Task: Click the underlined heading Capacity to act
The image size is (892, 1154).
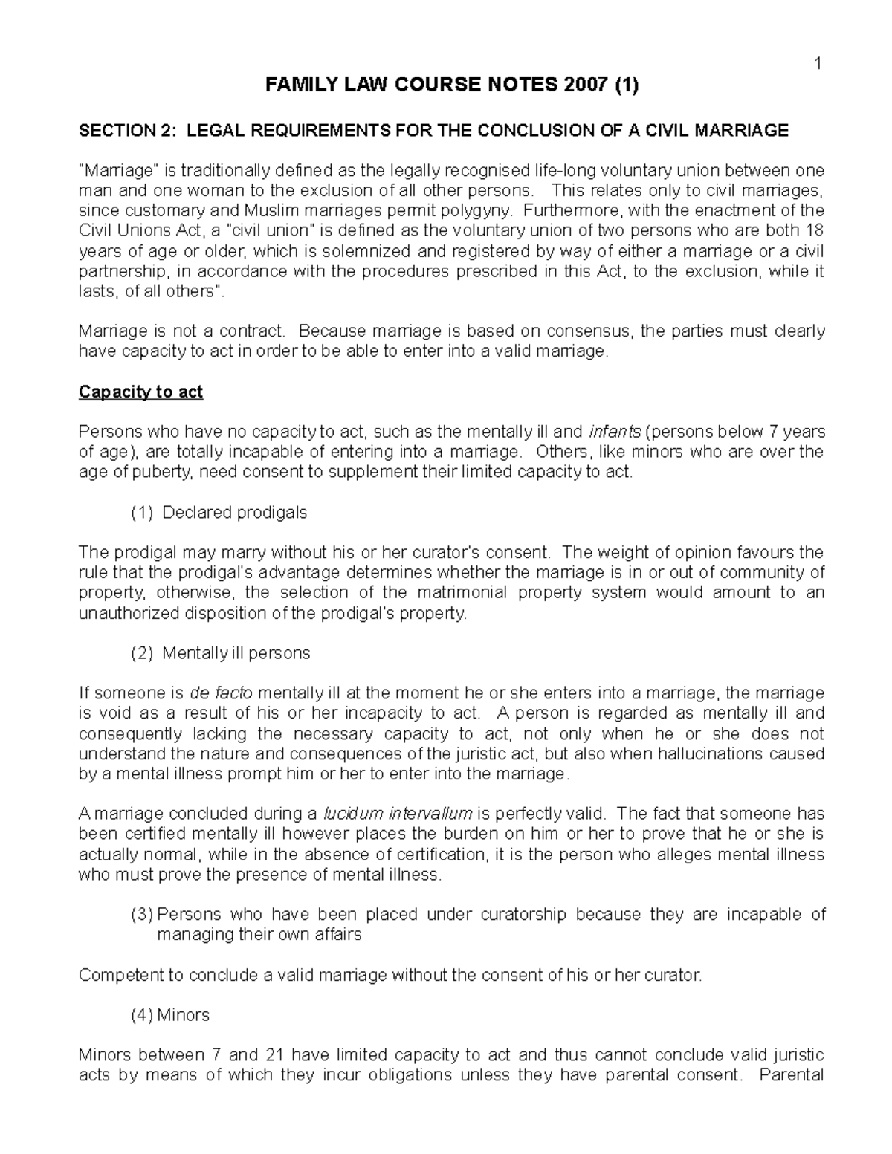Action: pyautogui.click(x=140, y=392)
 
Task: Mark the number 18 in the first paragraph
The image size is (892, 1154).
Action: pyautogui.click(x=815, y=230)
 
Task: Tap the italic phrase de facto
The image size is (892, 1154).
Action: pyautogui.click(x=222, y=693)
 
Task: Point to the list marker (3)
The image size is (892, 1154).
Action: pyautogui.click(x=141, y=914)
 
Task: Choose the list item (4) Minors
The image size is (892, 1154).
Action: pyautogui.click(x=170, y=1015)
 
